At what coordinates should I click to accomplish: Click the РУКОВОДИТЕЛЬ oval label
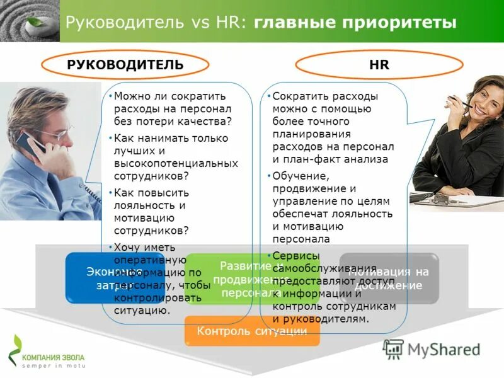[125, 64]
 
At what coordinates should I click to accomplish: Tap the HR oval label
[379, 64]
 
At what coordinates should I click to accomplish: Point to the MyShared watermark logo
[432, 349]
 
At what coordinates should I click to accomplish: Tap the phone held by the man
[39, 144]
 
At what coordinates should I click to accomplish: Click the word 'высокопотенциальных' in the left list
[176, 163]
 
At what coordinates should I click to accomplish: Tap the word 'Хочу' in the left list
[127, 247]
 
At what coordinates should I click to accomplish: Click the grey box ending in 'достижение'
[389, 278]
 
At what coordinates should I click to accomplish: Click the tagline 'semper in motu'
[53, 365]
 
